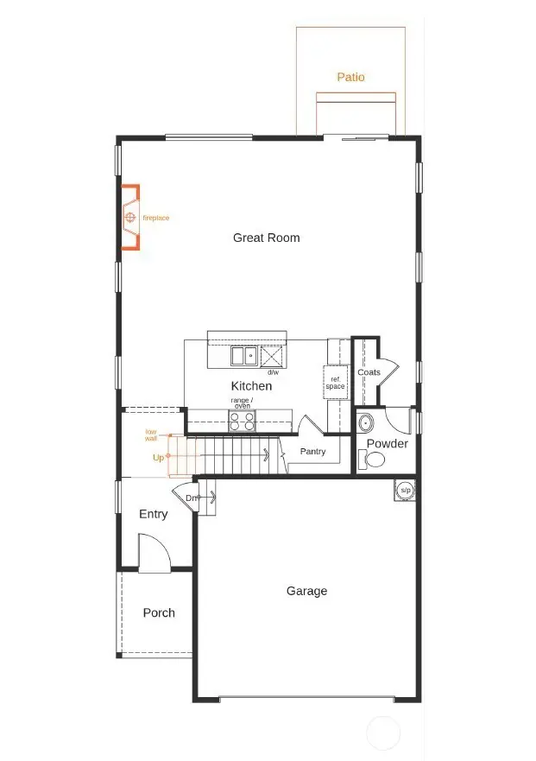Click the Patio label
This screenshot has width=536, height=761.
[350, 77]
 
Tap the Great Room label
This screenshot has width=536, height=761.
[266, 238]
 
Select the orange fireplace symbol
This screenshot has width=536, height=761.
[129, 218]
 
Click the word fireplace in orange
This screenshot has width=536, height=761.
[156, 219]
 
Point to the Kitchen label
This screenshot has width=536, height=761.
[251, 386]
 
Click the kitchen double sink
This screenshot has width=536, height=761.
[243, 355]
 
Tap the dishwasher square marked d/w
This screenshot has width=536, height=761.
[273, 356]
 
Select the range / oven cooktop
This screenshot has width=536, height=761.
[242, 421]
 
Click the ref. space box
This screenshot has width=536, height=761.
[335, 382]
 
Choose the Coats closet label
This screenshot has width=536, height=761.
[369, 372]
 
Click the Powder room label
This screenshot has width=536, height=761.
[388, 444]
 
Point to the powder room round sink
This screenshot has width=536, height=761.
[366, 423]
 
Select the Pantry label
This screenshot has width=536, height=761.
[312, 451]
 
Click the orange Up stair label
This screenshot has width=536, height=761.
[158, 458]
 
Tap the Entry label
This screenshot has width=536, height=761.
[154, 514]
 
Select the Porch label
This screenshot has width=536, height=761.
[159, 612]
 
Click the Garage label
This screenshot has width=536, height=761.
[307, 591]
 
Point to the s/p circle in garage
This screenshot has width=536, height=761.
[405, 490]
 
